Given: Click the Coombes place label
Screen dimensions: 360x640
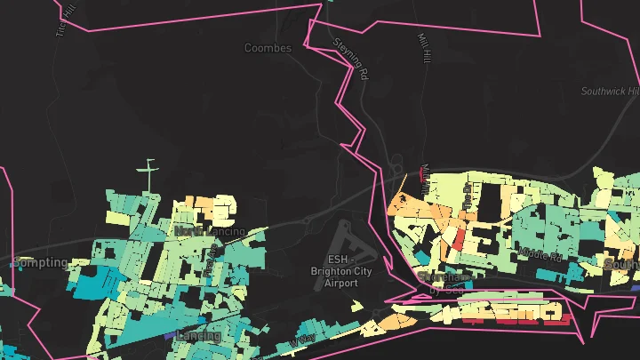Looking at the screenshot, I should [268, 48].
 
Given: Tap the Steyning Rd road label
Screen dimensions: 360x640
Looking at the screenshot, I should [349, 60].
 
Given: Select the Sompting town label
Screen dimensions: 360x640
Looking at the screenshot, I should [40, 262].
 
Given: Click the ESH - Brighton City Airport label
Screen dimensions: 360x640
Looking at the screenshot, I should [334, 271].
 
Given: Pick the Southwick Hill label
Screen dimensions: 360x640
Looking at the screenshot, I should [611, 92].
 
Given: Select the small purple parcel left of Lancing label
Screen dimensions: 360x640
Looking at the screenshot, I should [168, 336].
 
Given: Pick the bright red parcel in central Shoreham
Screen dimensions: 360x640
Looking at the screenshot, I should [459, 238].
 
